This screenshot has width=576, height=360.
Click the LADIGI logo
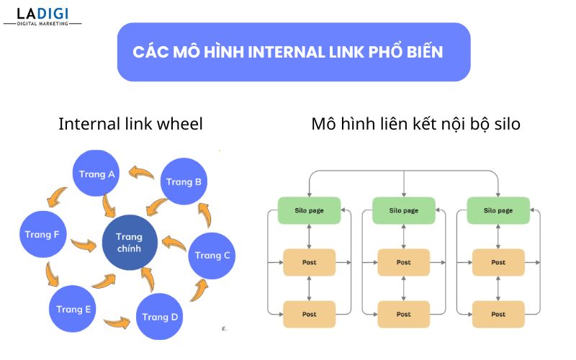(x=42, y=15)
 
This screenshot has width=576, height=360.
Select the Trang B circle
(x=184, y=182)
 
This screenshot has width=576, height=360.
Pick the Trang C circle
(x=212, y=255)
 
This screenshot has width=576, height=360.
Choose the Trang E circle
(x=73, y=309)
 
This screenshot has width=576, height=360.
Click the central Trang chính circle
(x=129, y=243)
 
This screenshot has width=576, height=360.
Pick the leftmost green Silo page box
(x=309, y=210)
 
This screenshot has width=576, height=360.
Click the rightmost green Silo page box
(x=498, y=210)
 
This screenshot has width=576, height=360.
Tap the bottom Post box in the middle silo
(x=403, y=315)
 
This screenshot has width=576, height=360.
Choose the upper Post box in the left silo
(x=309, y=262)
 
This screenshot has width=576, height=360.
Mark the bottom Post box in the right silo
(x=498, y=315)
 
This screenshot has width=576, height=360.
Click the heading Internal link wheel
(x=130, y=124)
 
